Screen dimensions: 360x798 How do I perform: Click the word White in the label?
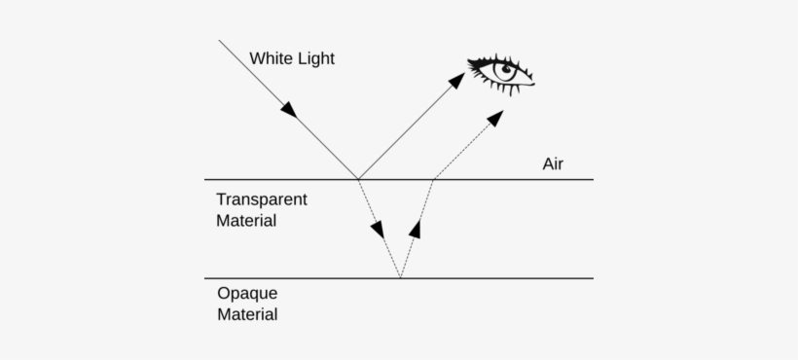coord(270,58)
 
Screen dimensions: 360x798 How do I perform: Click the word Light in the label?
coord(313,58)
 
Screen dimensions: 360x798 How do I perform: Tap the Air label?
coord(553,163)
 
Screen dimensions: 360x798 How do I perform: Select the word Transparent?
coord(261,199)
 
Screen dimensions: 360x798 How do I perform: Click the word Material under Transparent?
coord(245,221)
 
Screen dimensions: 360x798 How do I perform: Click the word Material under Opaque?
coord(246,314)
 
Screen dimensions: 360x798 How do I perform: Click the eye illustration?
coord(502,74)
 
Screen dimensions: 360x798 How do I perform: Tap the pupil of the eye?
coord(507,71)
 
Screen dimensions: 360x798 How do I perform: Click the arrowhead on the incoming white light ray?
coord(288,109)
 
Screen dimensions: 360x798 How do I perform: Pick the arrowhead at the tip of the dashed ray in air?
coord(495,118)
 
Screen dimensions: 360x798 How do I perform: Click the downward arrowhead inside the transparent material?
coord(378,231)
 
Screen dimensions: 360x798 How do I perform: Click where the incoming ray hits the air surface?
coord(358,180)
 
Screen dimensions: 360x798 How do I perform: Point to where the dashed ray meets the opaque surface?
coord(399,278)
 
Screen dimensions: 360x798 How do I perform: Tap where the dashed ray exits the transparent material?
coord(433,180)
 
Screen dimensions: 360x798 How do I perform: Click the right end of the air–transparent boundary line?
coord(593,180)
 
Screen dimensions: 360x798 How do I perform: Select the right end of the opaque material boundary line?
coord(593,278)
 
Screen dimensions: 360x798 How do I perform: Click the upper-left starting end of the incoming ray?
coord(220,41)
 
